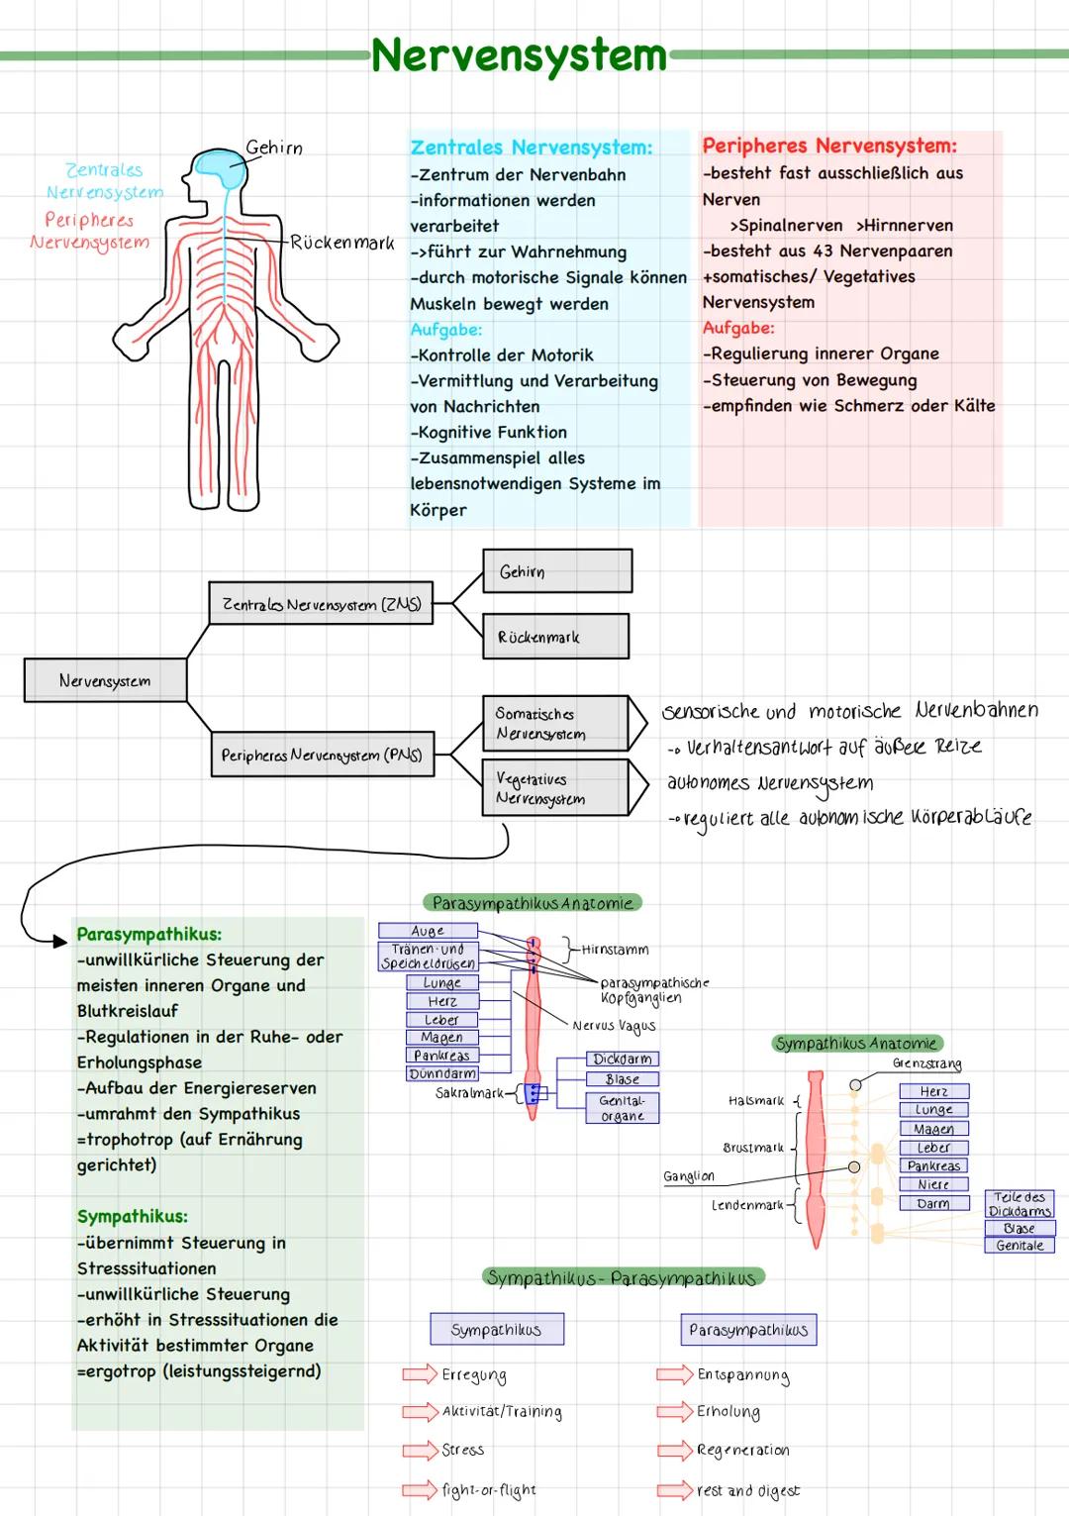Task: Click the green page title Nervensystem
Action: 520,55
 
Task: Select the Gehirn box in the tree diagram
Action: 557,571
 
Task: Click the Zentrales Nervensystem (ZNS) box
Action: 322,604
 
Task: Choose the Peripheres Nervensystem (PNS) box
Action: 322,755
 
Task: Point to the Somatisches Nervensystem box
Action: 554,723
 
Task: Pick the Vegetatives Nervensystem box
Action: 554,788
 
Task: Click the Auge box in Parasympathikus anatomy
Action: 428,931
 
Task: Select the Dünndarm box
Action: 442,1073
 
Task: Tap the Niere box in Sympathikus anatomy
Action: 933,1184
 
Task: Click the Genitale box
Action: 1020,1246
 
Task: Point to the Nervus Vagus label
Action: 614,1026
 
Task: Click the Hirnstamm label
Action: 615,950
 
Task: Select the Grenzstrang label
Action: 926,1063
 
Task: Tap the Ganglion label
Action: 689,1176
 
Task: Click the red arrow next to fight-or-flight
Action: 420,1489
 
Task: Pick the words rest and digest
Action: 748,1490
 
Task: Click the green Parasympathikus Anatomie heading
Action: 533,903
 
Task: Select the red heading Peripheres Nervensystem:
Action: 829,146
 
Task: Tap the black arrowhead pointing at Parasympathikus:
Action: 59,941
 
